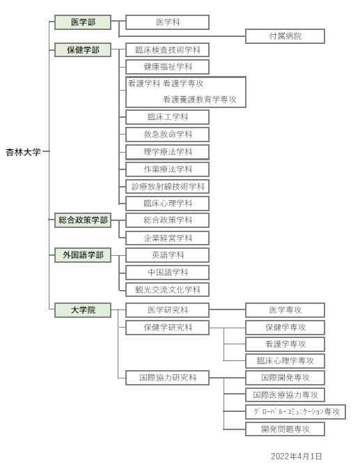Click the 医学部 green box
point(83,22)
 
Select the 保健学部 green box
point(83,50)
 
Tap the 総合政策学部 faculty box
point(83,220)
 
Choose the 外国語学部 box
point(83,255)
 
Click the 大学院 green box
point(83,310)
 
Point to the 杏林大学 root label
point(23,152)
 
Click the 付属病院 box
point(285,36)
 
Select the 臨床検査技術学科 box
point(168,50)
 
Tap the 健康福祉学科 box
point(168,67)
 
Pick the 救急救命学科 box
point(168,135)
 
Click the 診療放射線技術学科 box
point(168,187)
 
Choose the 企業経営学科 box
point(168,238)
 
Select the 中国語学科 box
point(168,273)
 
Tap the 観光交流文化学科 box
point(168,290)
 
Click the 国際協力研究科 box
point(168,378)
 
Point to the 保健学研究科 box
point(168,328)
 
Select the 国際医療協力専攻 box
point(285,395)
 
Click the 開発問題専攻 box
point(285,429)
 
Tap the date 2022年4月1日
point(297,457)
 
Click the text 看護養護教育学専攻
point(200,100)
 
